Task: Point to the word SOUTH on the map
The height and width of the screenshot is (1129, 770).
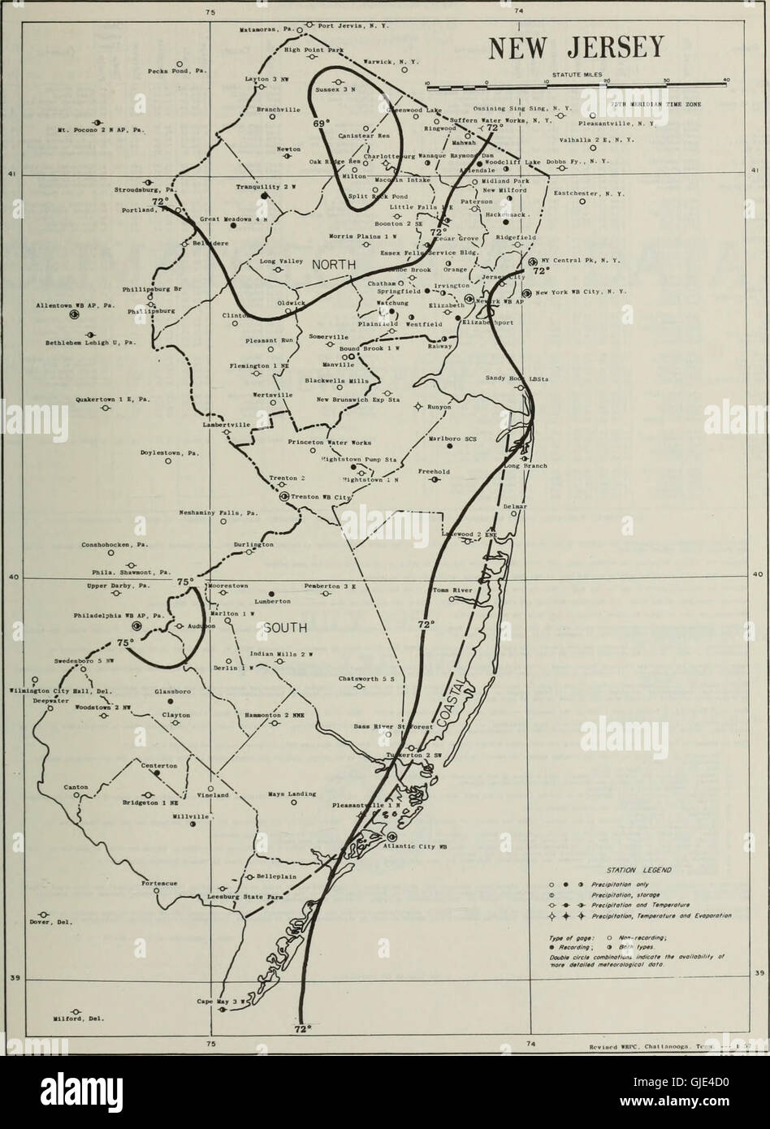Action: coord(284,628)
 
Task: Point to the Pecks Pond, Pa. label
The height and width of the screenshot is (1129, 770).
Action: coord(177,71)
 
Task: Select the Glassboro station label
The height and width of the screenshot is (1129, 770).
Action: coord(171,691)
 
